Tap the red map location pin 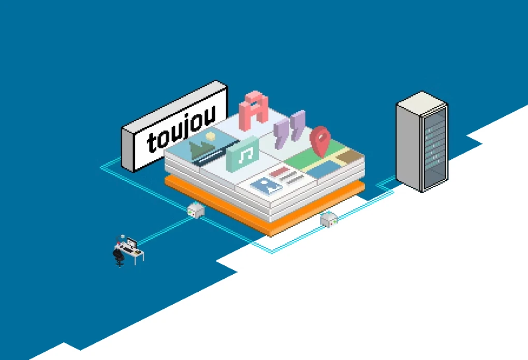pyautogui.click(x=320, y=140)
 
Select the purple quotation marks pyautogui.click(x=289, y=129)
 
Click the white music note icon pyautogui.click(x=245, y=155)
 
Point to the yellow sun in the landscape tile pyautogui.click(x=211, y=136)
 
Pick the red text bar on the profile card pyautogui.click(x=279, y=172)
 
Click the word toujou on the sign pyautogui.click(x=181, y=129)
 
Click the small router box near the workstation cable pyautogui.click(x=196, y=211)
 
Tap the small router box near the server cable pyautogui.click(x=329, y=220)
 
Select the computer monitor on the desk pyautogui.click(x=131, y=242)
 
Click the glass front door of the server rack pyautogui.click(x=435, y=147)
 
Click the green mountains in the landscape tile pyautogui.click(x=201, y=148)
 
